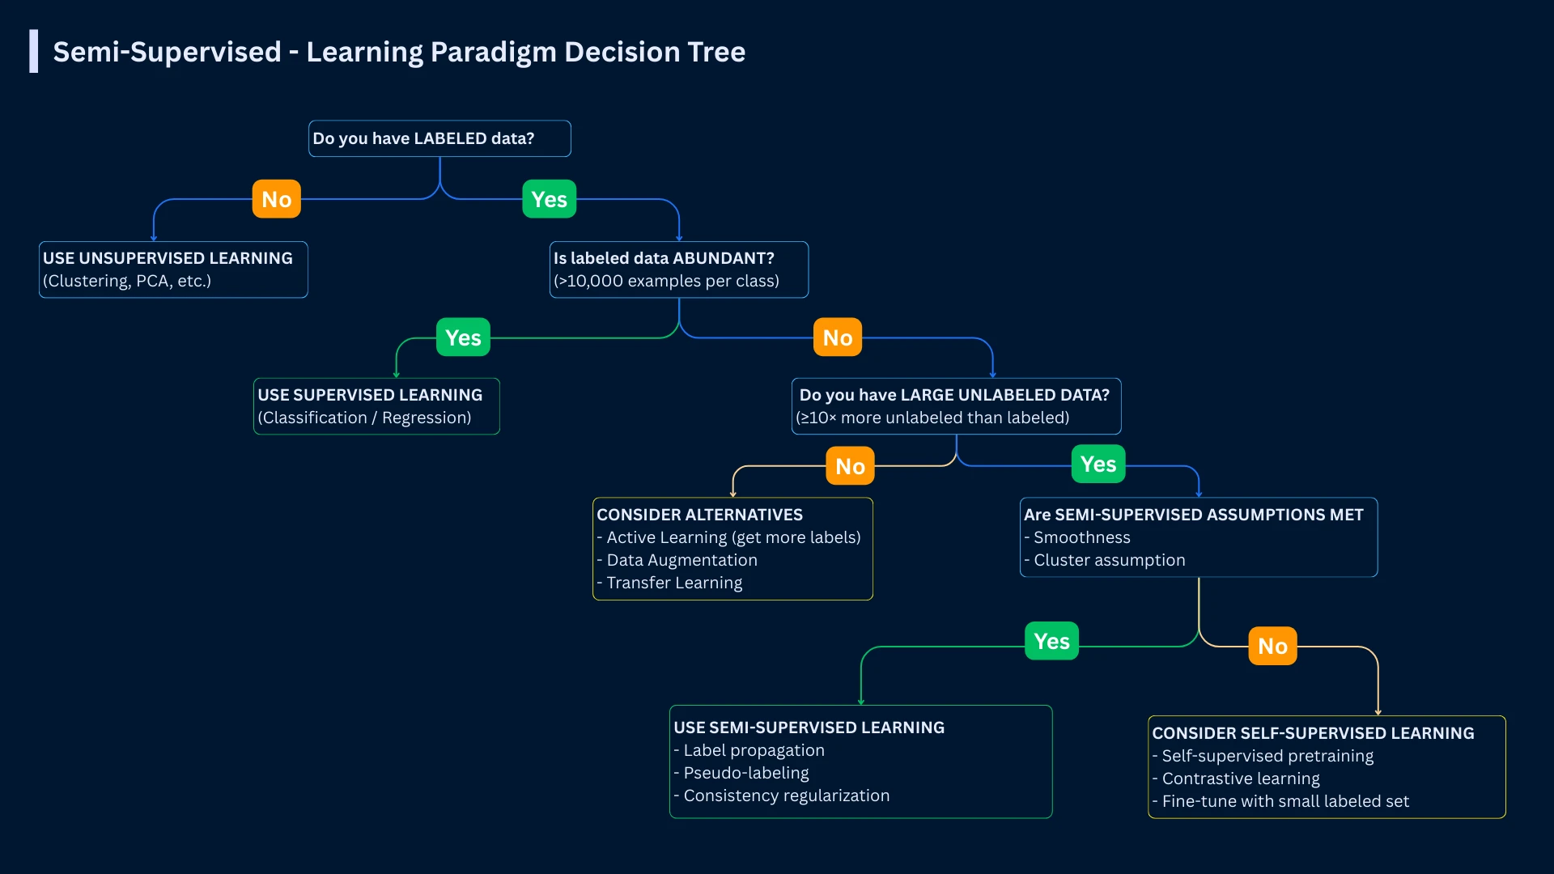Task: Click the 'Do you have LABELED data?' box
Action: [439, 138]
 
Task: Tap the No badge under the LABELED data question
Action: [276, 199]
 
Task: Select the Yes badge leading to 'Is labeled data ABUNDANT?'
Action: [549, 199]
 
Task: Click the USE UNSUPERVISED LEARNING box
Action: [173, 269]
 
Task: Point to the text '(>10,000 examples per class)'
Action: [666, 281]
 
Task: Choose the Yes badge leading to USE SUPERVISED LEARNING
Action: [463, 337]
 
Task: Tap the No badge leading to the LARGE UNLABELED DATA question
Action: [837, 337]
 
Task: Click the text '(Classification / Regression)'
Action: [364, 418]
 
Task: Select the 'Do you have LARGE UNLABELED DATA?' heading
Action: [954, 395]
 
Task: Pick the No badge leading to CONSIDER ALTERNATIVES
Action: [850, 466]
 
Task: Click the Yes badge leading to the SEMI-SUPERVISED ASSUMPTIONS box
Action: [1098, 464]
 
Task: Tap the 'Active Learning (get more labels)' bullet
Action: [732, 537]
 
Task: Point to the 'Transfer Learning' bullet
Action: [673, 583]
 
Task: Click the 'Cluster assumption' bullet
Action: [1108, 560]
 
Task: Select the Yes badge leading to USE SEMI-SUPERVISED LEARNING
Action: [1051, 641]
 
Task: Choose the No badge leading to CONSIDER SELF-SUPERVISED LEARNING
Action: [1272, 646]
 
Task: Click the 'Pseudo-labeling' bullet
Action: [745, 773]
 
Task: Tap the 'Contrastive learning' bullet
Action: [1240, 779]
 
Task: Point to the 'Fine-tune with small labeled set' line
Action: [1284, 801]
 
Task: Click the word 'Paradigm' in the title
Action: [493, 52]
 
